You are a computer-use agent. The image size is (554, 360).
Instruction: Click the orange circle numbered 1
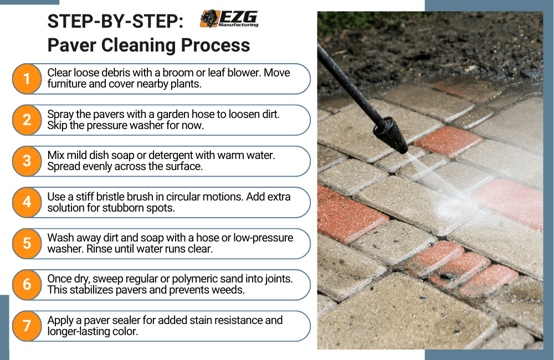click(27, 79)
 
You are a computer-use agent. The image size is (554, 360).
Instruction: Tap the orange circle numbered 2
click(27, 120)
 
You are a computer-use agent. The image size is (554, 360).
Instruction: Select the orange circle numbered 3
click(27, 161)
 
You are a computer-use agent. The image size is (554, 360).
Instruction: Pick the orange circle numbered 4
click(27, 202)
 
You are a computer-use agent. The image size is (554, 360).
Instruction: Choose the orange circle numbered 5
click(27, 243)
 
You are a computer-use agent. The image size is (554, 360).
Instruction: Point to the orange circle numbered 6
click(27, 285)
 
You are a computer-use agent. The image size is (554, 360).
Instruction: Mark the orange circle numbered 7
click(27, 326)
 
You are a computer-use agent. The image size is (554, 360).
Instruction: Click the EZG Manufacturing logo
click(229, 19)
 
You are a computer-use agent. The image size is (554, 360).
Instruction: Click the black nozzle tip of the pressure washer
click(392, 135)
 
